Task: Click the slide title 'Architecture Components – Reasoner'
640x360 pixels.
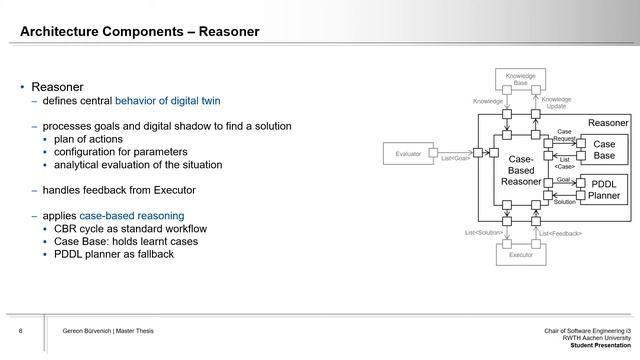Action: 140,32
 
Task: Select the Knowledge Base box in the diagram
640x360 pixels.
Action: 520,79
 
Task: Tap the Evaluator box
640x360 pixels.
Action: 408,153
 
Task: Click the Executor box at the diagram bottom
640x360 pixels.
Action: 520,254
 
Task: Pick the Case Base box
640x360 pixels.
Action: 604,150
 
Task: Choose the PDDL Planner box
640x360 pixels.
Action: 604,190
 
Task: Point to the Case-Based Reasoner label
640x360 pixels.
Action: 520,170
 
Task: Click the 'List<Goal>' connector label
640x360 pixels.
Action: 456,157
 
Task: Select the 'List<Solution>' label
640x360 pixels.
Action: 483,233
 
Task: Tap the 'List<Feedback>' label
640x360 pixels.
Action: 560,233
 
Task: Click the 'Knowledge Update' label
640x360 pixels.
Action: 556,103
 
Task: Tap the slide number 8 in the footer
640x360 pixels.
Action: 21,331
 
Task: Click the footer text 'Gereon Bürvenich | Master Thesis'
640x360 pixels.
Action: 108,331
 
